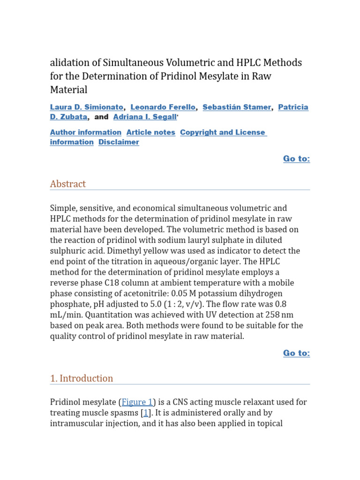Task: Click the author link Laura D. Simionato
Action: coord(87,107)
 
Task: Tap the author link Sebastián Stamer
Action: coord(237,107)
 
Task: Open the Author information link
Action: coord(85,133)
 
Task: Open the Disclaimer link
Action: coord(119,142)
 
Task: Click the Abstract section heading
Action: coord(68,184)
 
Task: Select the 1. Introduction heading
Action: coord(82,378)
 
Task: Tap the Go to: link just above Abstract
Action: coord(296,159)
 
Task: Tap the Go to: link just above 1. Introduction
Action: coord(296,353)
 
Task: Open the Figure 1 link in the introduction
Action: coord(137,402)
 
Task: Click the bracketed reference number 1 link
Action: coord(146,413)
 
